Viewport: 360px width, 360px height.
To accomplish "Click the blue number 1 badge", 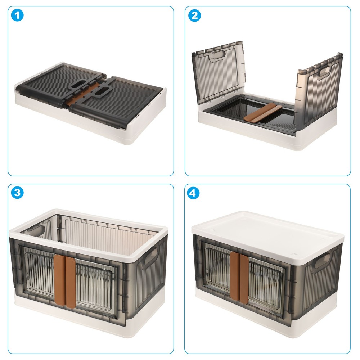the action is tap(17, 15).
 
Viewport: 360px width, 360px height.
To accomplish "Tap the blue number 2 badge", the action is tap(194, 15).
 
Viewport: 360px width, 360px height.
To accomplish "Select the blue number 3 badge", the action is tap(17, 193).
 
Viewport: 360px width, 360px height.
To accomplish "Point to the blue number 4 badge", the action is tap(193, 193).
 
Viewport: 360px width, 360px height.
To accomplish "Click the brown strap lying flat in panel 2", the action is tap(263, 112).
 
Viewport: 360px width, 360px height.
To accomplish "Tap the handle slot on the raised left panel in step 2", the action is tap(217, 55).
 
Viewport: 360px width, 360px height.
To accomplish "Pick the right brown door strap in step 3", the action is tap(70, 282).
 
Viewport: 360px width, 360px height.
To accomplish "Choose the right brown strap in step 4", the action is tap(244, 279).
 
